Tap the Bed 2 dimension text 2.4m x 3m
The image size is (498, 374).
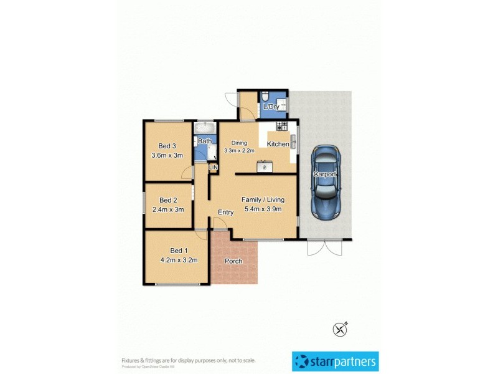(x=168, y=209)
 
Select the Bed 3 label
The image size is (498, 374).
(x=167, y=146)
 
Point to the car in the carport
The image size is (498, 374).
(x=326, y=182)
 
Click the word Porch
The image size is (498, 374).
(x=233, y=261)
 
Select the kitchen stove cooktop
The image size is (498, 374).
(x=282, y=127)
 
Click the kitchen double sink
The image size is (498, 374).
(x=293, y=141)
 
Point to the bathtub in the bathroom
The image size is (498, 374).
(x=204, y=129)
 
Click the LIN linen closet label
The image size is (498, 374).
(x=214, y=168)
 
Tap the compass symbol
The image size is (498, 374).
(x=340, y=328)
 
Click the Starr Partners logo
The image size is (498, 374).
(x=335, y=361)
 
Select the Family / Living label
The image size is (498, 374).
(x=263, y=199)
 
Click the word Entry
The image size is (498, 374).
(x=225, y=213)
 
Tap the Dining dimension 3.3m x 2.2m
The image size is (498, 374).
(x=240, y=150)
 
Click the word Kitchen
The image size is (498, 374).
(x=278, y=144)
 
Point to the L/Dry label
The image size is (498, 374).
(x=271, y=107)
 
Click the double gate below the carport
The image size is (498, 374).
(x=324, y=247)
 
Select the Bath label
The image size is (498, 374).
(x=205, y=141)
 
